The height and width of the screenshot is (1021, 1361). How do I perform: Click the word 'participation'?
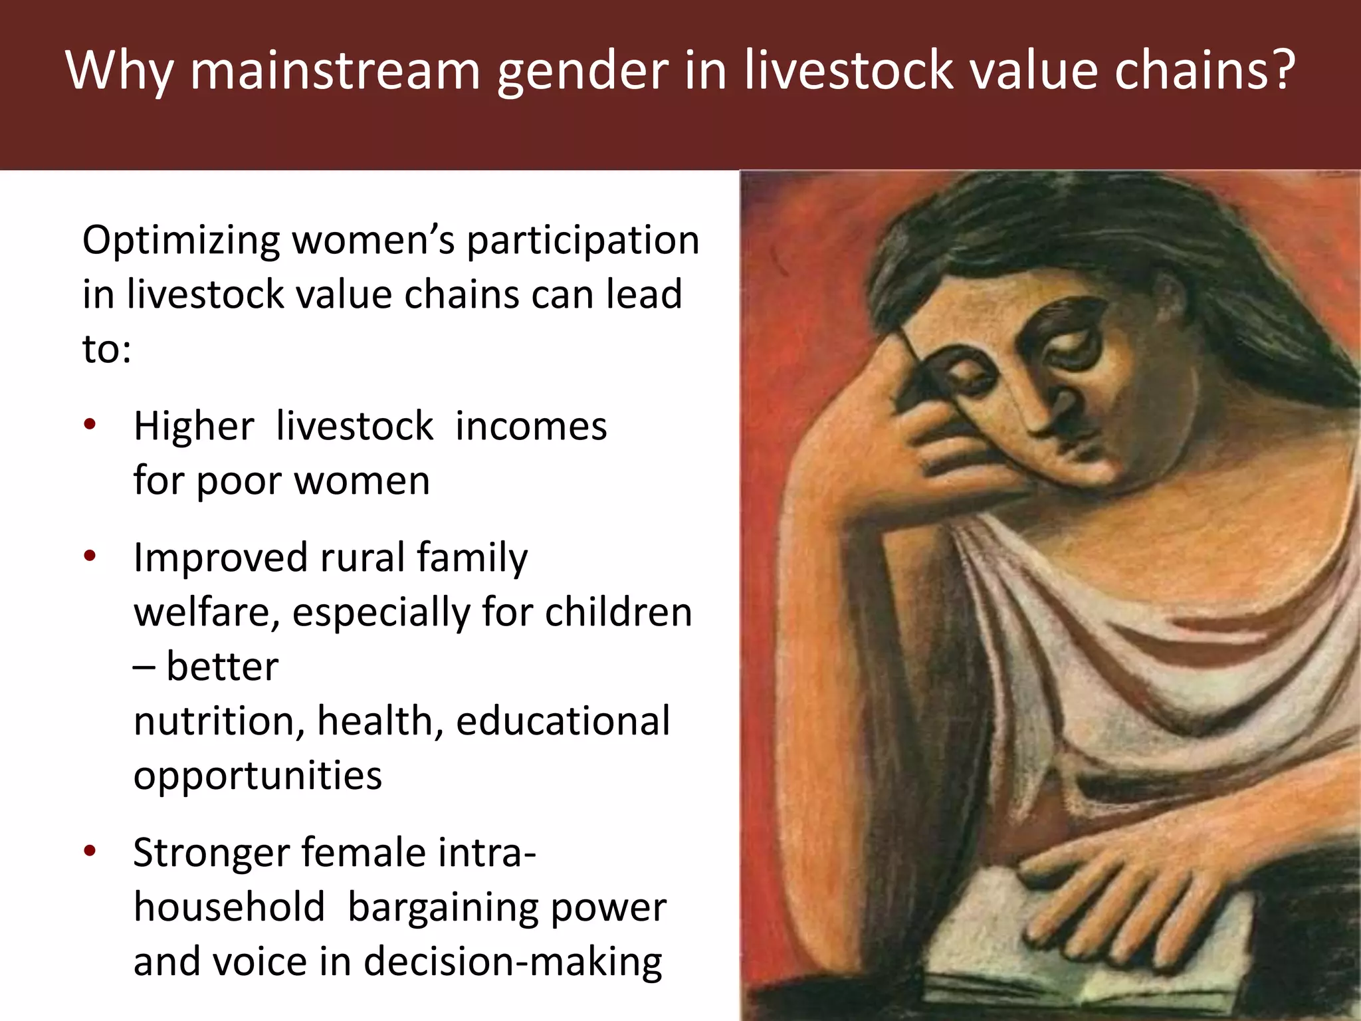[582, 241]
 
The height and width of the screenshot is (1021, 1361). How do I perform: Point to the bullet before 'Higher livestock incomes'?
[90, 425]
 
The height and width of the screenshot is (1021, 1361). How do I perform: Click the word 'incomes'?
[531, 426]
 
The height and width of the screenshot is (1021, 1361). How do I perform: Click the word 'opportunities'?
[258, 775]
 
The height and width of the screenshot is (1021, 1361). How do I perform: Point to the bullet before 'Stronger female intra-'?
[90, 851]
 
